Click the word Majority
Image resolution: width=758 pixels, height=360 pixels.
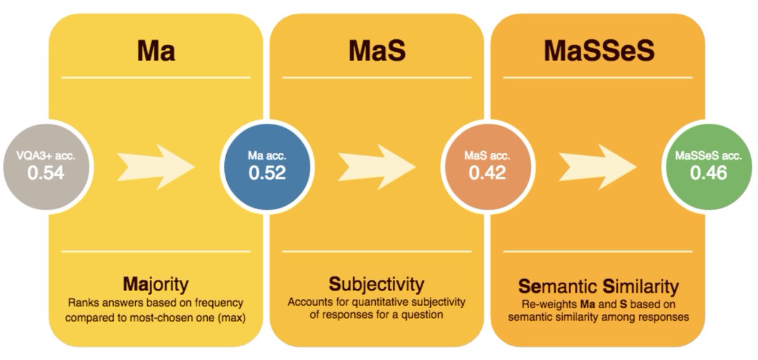(x=156, y=283)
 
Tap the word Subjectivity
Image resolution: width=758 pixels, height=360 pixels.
(x=376, y=283)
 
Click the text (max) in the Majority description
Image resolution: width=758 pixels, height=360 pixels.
(x=231, y=316)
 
